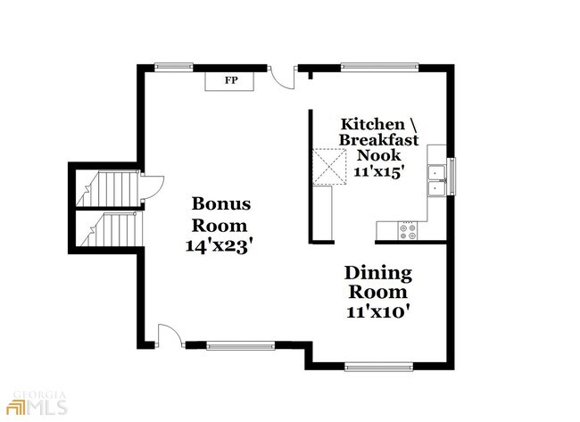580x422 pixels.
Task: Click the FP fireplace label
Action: pos(231,80)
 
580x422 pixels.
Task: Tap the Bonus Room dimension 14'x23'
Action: pos(220,245)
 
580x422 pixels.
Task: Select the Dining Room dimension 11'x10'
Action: pos(378,311)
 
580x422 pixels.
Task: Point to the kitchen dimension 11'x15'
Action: pos(377,171)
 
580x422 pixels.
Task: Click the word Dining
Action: pos(378,274)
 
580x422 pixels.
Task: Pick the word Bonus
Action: pos(221,203)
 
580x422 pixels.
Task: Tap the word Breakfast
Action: pos(378,140)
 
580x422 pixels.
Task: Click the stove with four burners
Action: pos(407,231)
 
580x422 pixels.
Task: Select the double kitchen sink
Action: pos(437,180)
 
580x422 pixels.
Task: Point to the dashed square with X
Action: pos(329,166)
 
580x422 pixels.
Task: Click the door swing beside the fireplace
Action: pos(282,78)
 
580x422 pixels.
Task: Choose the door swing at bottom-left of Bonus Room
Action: pos(170,335)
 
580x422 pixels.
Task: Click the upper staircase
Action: pos(108,188)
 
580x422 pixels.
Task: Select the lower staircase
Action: pos(111,228)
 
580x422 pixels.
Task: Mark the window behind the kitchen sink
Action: pos(452,176)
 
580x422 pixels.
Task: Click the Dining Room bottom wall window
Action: pos(378,367)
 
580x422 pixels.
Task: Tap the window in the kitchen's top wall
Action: pos(379,67)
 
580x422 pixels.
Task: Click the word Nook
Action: pos(378,155)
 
